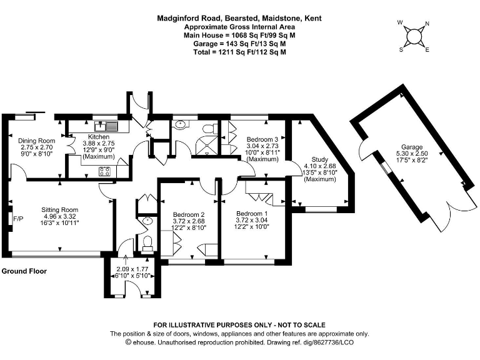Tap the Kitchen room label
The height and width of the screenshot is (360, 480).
pyautogui.click(x=98, y=137)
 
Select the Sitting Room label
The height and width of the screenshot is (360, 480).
pyautogui.click(x=59, y=210)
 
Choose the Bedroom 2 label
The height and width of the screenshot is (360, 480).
pyautogui.click(x=189, y=214)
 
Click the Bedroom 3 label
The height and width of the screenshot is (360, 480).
pyautogui.click(x=262, y=139)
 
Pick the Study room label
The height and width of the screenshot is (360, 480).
pyautogui.click(x=319, y=159)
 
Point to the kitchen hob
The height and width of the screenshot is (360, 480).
pyautogui.click(x=104, y=171)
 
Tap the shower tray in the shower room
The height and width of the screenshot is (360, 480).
pyautogui.click(x=204, y=147)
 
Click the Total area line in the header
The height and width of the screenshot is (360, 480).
pyautogui.click(x=239, y=52)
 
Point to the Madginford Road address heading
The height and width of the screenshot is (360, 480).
pyautogui.click(x=239, y=19)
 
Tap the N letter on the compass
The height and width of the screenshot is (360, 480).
pyautogui.click(x=427, y=26)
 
